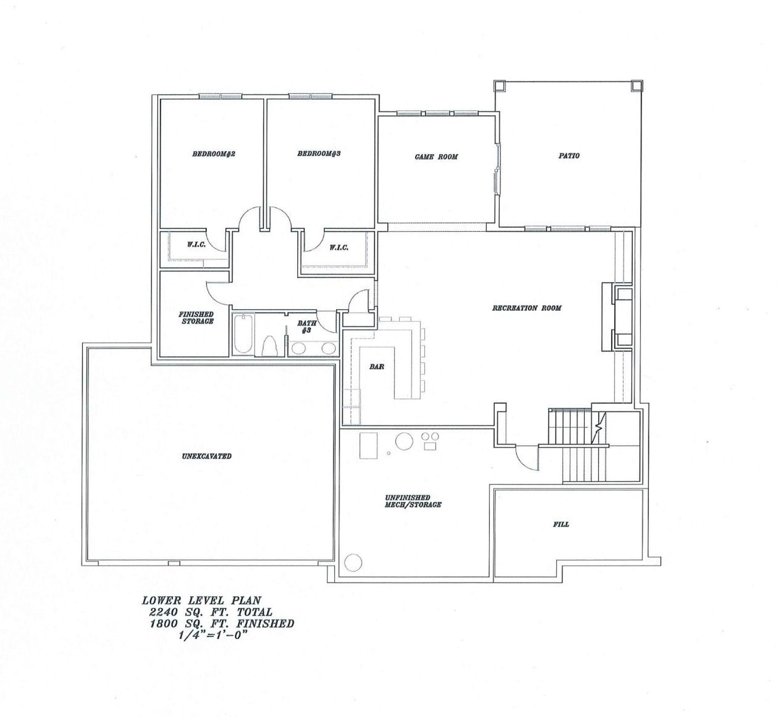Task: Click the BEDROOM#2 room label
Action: point(213,154)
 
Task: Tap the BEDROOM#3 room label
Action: point(319,153)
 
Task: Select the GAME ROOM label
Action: point(436,157)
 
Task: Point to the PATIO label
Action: point(569,155)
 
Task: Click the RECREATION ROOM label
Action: point(526,308)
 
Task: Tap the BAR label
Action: point(376,367)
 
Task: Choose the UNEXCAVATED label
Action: point(207,456)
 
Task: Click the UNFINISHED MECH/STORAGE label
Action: point(413,501)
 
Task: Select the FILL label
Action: point(561,524)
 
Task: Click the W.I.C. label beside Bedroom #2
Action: point(196,244)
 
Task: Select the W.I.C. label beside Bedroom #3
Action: point(339,247)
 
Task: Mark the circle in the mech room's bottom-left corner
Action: point(353,562)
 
